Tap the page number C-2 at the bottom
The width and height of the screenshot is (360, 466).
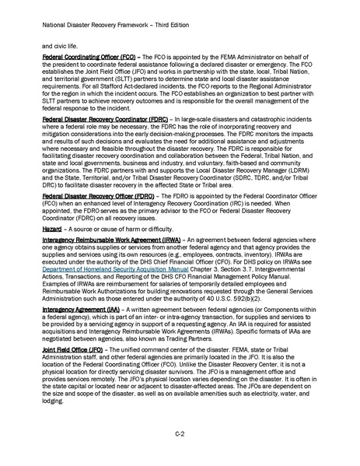click(180, 433)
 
